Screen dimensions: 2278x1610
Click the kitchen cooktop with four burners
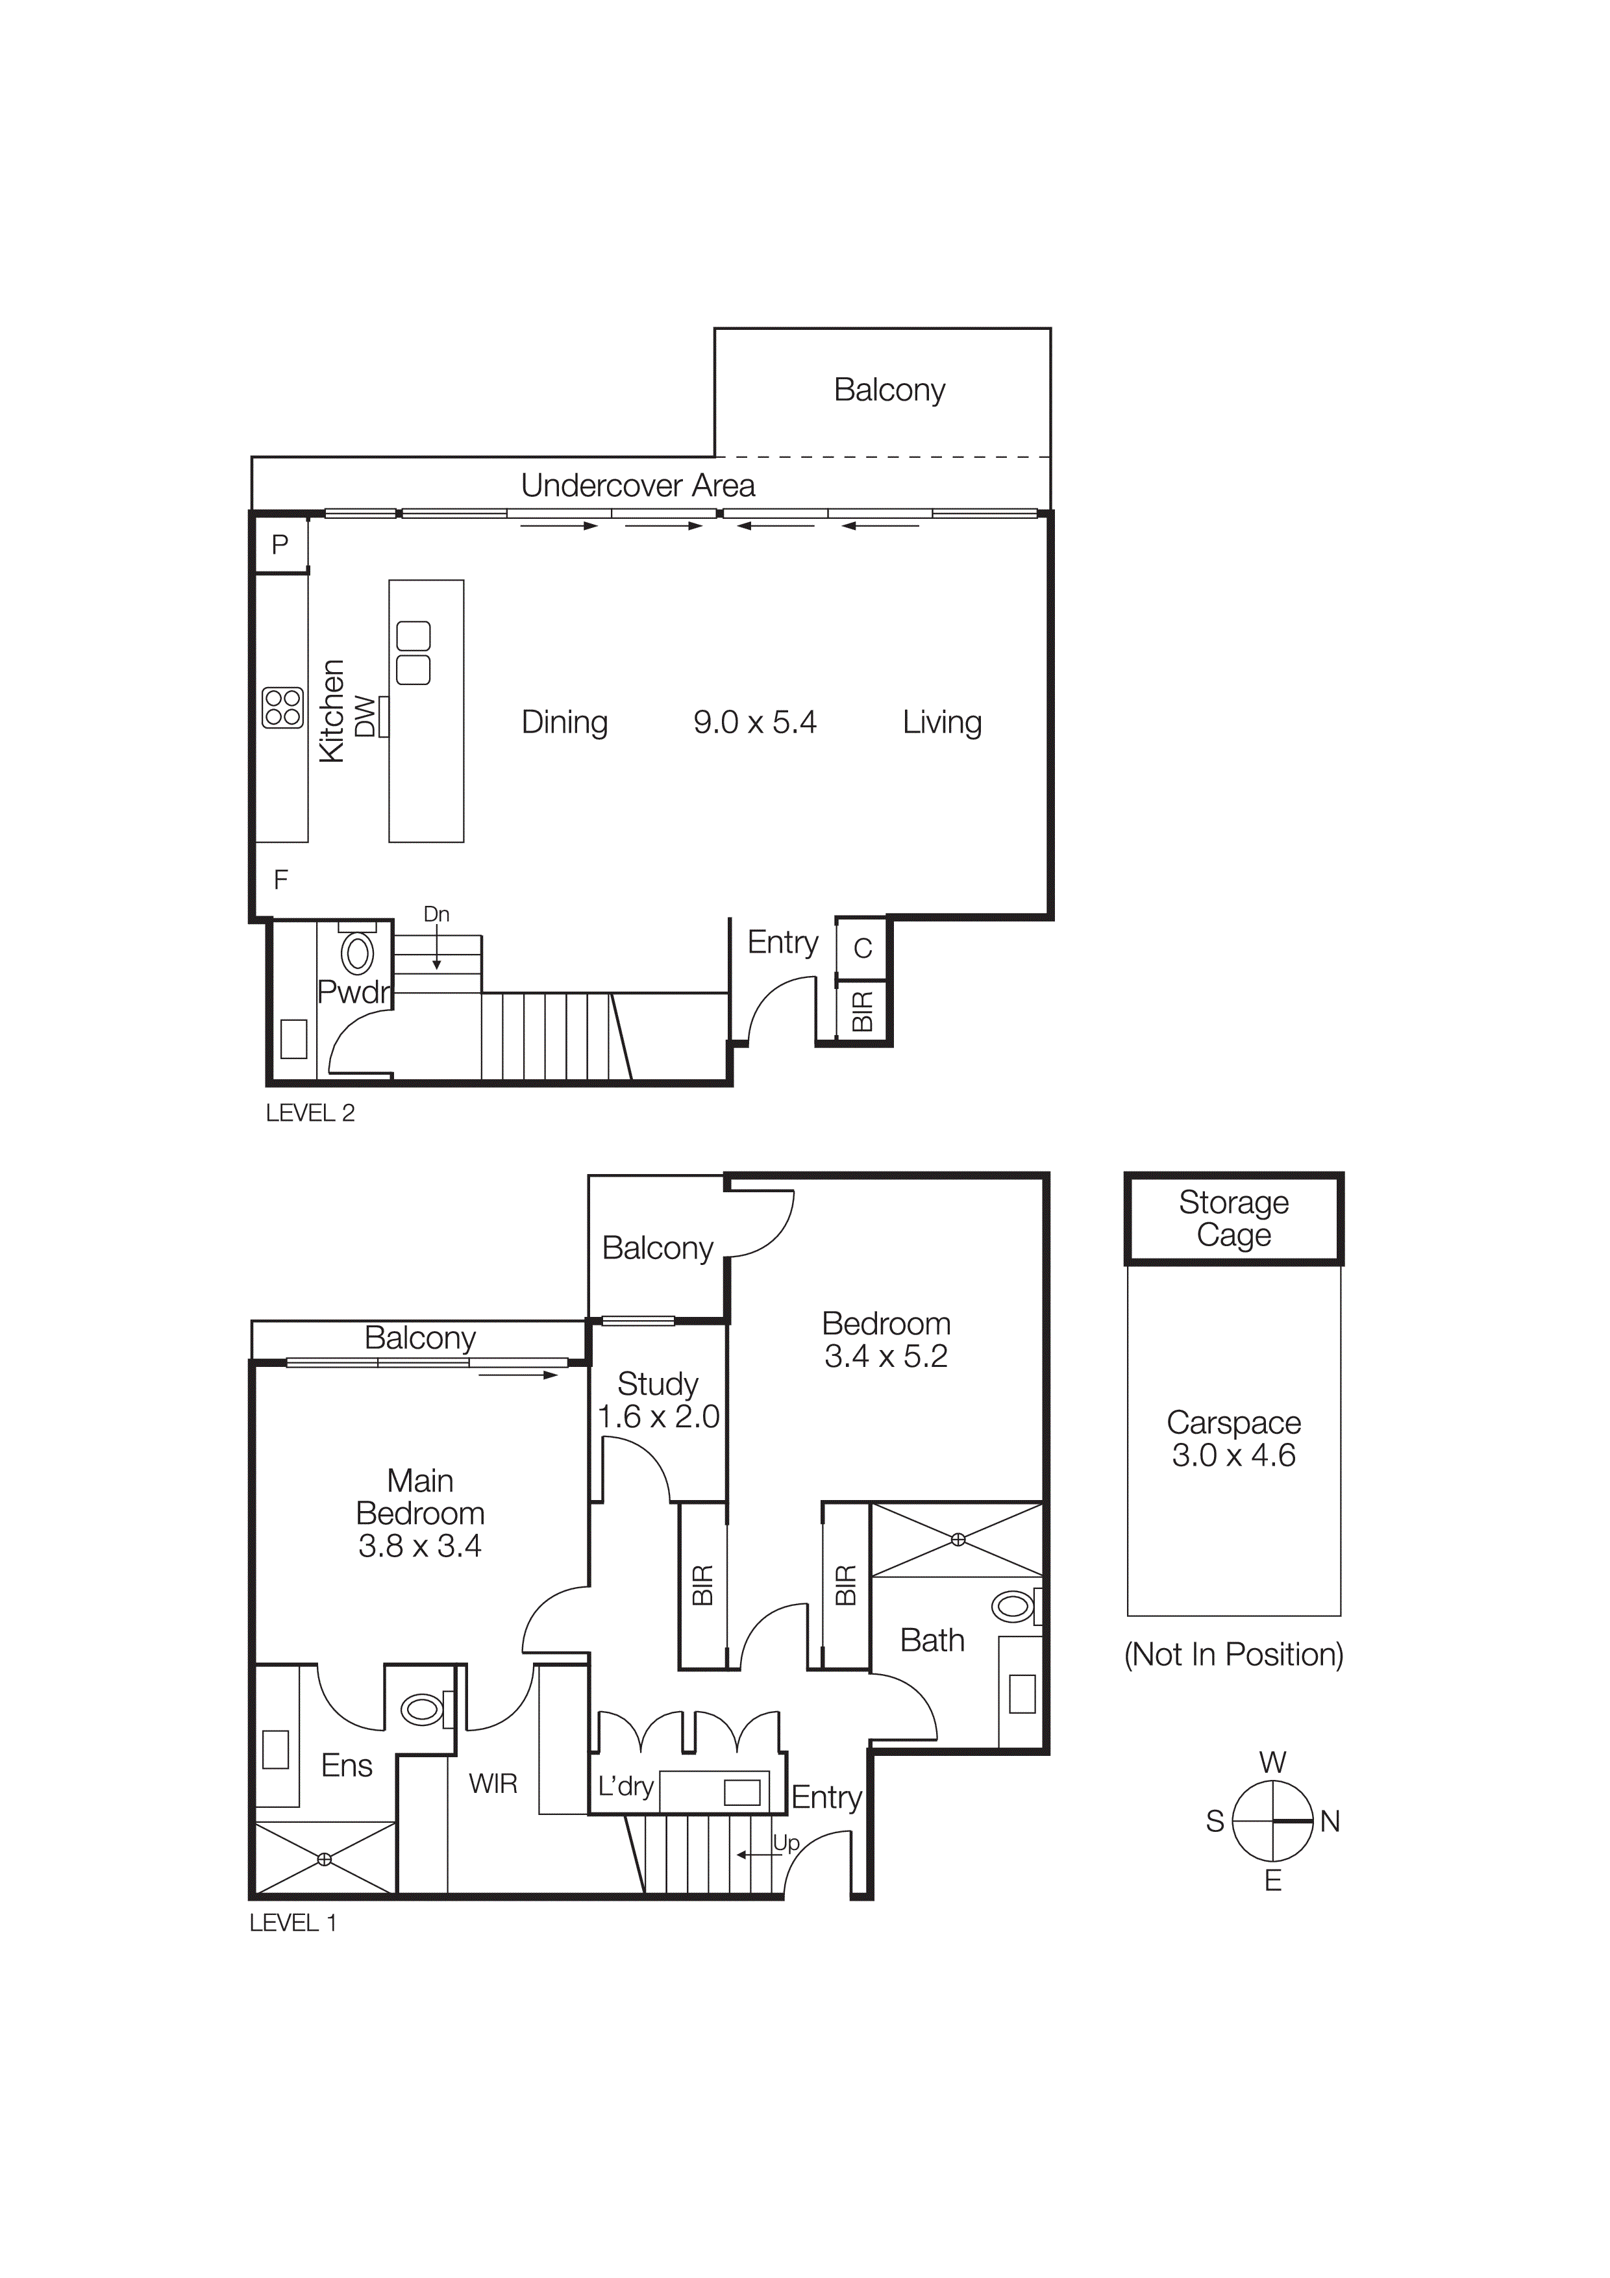(282, 707)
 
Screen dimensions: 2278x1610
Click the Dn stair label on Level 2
(436, 914)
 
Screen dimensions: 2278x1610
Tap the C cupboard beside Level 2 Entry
(862, 949)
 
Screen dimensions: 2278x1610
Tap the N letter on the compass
(1330, 1821)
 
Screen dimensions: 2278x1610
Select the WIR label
(493, 1784)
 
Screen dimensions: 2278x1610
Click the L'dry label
(625, 1787)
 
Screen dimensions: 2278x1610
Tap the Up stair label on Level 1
(786, 1842)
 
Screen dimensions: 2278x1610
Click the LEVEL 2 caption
(310, 1113)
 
